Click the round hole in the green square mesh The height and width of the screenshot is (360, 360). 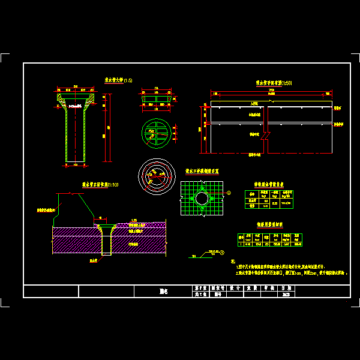202,198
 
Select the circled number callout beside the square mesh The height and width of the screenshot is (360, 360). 229,193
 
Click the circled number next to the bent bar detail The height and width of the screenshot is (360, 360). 222,253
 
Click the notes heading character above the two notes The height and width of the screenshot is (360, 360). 232,262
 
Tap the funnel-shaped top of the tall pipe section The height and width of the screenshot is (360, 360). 76,100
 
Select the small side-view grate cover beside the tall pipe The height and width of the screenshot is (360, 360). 155,99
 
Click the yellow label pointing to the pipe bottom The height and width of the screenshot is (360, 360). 94,262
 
